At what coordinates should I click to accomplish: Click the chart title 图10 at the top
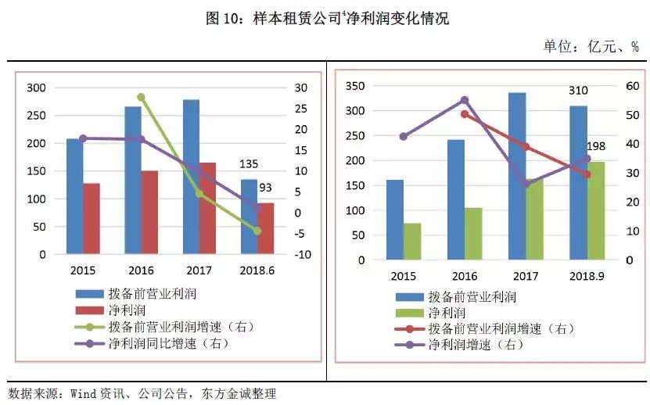pyautogui.click(x=325, y=18)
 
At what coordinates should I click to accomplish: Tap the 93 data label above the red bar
pyautogui.click(x=268, y=188)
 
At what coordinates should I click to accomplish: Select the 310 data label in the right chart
pyautogui.click(x=578, y=91)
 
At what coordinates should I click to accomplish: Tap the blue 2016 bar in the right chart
pyautogui.click(x=455, y=199)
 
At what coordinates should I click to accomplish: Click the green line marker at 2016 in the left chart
pyautogui.click(x=142, y=97)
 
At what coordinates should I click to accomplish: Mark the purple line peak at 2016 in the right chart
pyautogui.click(x=464, y=100)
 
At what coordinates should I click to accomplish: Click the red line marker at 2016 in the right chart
pyautogui.click(x=464, y=114)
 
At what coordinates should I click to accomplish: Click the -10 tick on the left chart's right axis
pyautogui.click(x=304, y=255)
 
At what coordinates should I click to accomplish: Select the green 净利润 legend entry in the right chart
pyautogui.click(x=445, y=313)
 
